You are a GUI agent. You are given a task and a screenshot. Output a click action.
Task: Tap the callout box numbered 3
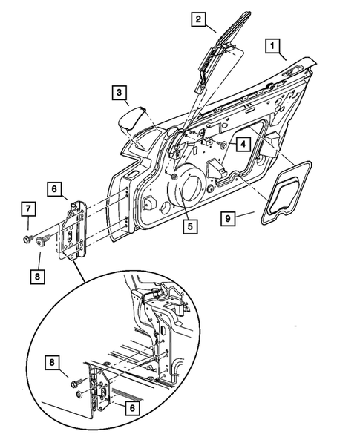(x=120, y=93)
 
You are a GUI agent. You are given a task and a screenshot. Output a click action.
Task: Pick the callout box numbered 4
(x=243, y=144)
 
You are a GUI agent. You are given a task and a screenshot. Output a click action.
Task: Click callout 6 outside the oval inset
(x=55, y=190)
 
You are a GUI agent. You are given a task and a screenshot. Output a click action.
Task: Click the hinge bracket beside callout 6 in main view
(x=74, y=230)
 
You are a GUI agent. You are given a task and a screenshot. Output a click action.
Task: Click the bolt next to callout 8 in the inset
(x=77, y=384)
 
